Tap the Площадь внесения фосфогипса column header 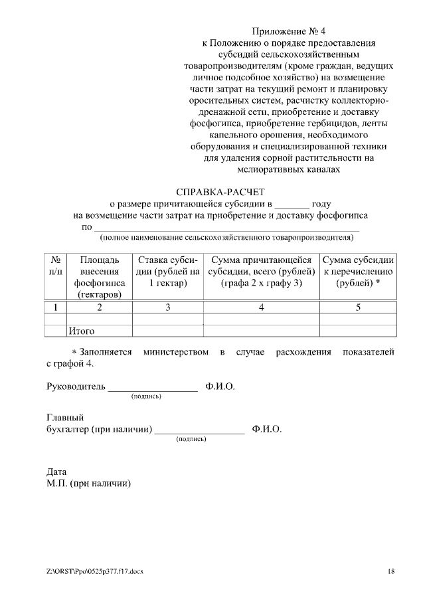coord(99,277)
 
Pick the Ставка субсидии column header coord(168,272)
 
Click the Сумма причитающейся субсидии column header coord(261,272)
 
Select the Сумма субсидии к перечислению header coord(359,272)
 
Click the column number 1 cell coord(56,307)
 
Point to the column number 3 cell coord(168,307)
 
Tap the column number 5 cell coord(359,307)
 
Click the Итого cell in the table coord(82,331)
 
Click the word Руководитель coord(76,386)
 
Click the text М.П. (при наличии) coord(88,483)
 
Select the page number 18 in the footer coord(391,571)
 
